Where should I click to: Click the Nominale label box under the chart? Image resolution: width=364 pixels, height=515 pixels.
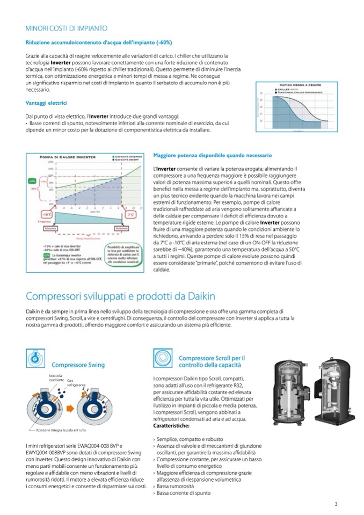point(129,228)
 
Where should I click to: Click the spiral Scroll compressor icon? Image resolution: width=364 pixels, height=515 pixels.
point(163,358)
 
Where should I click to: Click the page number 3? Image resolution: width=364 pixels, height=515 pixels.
point(336,503)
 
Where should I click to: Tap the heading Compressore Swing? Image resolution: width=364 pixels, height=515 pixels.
point(78,365)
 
